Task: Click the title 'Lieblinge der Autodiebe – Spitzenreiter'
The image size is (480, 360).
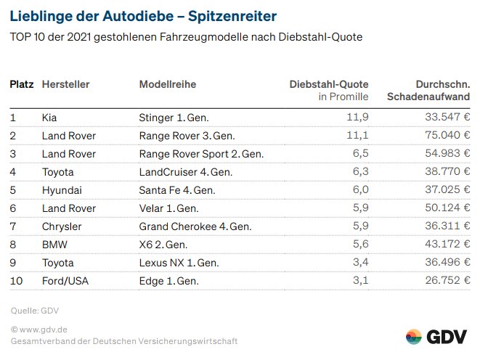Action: coord(143,15)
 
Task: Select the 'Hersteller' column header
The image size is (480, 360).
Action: coord(66,84)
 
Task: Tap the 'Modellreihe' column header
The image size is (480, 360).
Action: coord(167,84)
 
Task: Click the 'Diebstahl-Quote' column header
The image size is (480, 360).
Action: coord(329,84)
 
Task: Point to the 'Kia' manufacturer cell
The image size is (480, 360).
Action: coord(50,117)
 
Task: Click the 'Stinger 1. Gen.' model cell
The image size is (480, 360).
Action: coord(172,117)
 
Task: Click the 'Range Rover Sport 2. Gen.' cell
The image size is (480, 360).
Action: coord(201,154)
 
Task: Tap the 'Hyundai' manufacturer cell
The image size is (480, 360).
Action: coord(61,190)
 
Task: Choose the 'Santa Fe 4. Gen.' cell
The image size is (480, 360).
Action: coord(177,190)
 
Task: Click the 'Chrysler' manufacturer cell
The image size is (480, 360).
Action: coord(62,226)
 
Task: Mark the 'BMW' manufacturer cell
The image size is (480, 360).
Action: coord(54,245)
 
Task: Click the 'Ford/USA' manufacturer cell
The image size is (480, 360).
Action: coord(64,281)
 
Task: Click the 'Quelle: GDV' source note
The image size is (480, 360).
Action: coord(35,311)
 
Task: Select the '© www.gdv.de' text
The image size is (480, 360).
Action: coord(39,330)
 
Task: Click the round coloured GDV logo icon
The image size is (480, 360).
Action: coord(414,337)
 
